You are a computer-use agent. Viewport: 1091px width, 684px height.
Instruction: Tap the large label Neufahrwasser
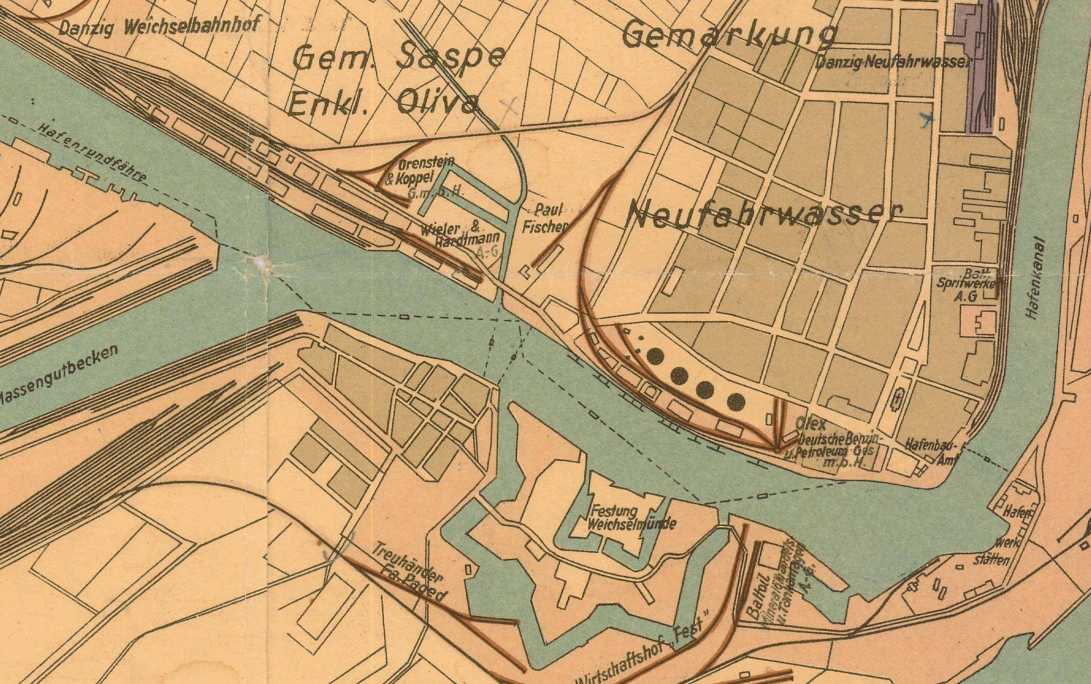point(764,214)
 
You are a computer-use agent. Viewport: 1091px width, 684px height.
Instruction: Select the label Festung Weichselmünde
point(632,518)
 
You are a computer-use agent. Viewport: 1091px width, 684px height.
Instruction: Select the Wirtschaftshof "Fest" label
point(645,653)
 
